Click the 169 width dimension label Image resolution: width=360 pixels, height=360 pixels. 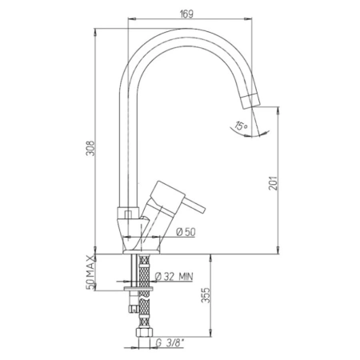(x=186, y=14)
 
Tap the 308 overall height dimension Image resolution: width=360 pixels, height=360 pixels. (x=90, y=148)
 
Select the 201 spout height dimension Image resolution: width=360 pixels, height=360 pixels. (x=273, y=183)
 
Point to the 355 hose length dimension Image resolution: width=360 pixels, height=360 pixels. (x=206, y=295)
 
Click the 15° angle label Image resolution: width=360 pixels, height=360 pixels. (x=241, y=126)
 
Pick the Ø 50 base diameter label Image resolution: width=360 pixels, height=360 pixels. (x=186, y=232)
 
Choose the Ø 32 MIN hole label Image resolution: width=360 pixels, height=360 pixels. (x=174, y=277)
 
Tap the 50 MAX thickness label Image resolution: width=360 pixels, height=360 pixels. (x=90, y=273)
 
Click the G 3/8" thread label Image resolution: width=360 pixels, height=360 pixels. (x=170, y=343)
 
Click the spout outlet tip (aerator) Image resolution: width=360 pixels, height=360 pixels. (x=251, y=101)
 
